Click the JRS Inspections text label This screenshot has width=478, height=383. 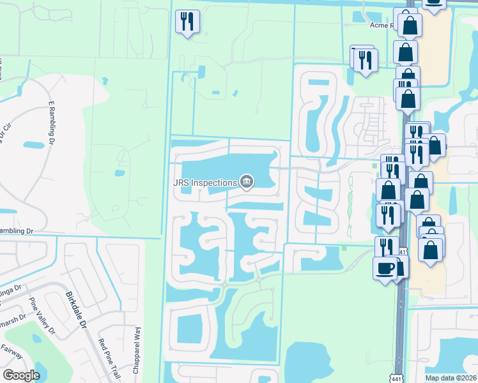(204, 183)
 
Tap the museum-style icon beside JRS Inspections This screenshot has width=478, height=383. (246, 183)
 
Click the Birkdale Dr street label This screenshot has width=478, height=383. (75, 310)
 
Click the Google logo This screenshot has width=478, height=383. (21, 375)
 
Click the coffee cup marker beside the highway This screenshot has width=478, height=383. (384, 268)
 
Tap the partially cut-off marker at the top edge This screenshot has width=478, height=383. (434, 3)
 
